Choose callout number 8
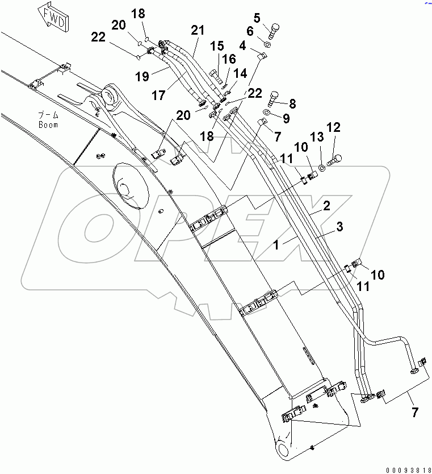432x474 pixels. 292,103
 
